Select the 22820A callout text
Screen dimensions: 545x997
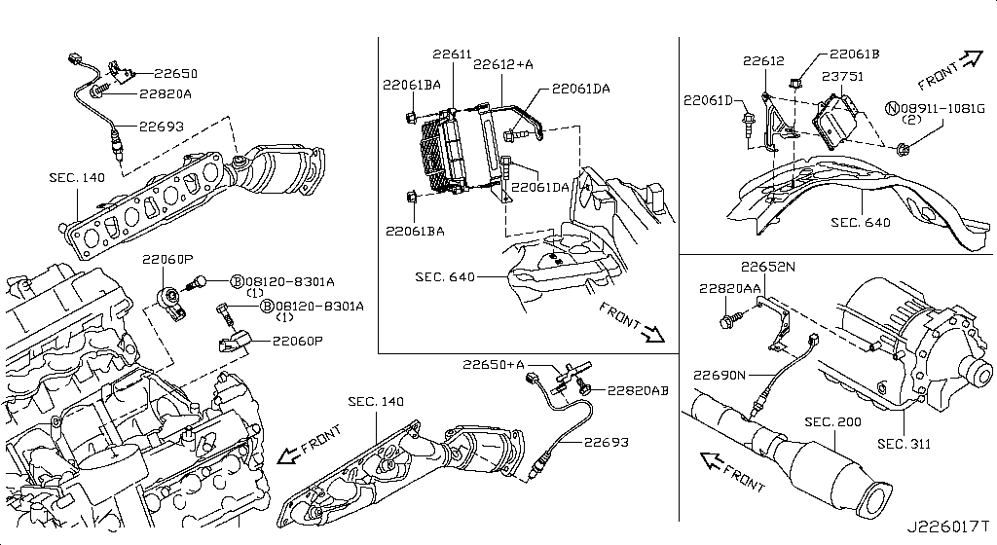click(166, 94)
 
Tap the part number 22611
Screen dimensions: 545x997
click(453, 55)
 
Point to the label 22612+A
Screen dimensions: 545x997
click(503, 65)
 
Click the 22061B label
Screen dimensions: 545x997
click(854, 55)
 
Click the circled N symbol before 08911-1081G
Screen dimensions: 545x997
click(891, 106)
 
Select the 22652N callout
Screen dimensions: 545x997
click(767, 267)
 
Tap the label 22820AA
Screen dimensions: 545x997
click(729, 288)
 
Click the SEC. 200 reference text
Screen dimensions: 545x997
click(834, 422)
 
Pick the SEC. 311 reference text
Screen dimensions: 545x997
click(904, 444)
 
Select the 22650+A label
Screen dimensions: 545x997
click(494, 365)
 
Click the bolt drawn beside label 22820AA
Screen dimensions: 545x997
click(728, 317)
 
